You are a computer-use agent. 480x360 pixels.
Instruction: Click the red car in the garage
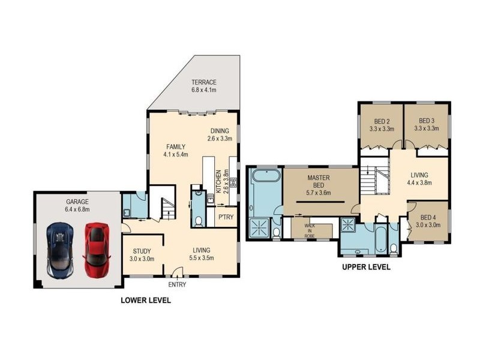point(97,250)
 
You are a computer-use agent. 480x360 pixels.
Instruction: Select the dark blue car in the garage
point(60,250)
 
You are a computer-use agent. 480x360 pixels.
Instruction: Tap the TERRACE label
point(204,82)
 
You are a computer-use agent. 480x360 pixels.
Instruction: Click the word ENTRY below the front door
point(177,284)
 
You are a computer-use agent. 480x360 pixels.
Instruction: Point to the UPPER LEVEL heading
point(366,267)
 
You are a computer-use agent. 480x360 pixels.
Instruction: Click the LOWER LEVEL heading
point(146,301)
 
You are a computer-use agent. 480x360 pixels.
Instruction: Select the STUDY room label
point(142,251)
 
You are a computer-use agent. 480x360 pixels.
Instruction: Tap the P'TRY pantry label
point(226,217)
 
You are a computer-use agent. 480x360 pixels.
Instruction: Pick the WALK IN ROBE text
point(310,231)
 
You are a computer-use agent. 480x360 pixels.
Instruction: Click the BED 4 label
point(428,218)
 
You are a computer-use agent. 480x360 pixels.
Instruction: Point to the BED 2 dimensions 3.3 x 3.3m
point(382,129)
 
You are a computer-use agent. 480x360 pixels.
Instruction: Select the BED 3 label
point(427,121)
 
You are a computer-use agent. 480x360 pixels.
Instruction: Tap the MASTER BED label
point(319,181)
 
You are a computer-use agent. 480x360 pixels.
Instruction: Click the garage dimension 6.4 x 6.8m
point(77,209)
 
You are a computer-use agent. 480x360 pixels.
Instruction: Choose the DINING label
point(220,131)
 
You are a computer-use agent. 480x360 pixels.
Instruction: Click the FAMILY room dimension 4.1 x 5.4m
point(176,155)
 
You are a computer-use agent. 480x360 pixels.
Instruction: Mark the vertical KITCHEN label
point(218,181)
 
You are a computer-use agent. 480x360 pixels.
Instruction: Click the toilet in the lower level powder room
point(199,221)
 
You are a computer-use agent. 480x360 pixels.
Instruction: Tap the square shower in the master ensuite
point(259,228)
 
